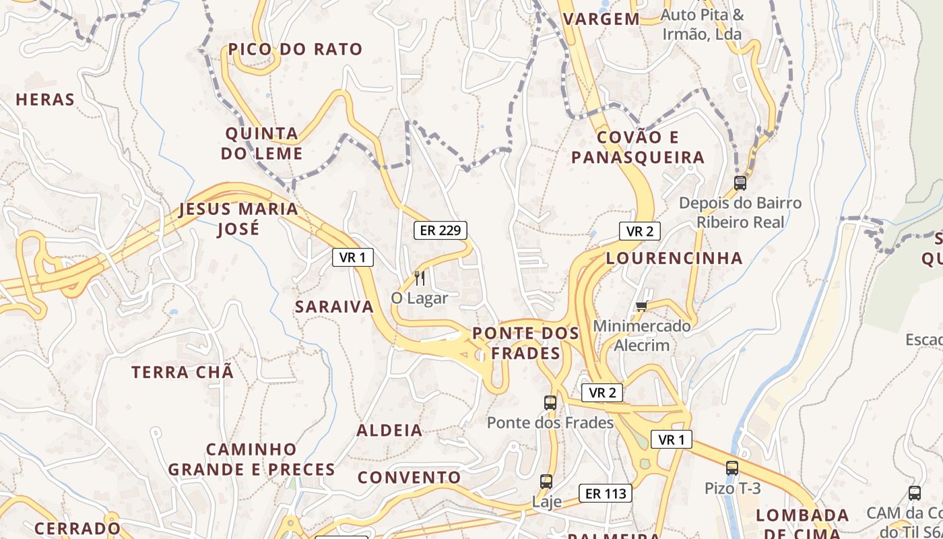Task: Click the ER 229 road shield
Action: tap(441, 230)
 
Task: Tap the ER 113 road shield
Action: tap(606, 493)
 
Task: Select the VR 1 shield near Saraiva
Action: tap(352, 257)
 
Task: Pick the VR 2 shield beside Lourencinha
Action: tap(639, 231)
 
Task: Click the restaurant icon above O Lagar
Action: tap(420, 278)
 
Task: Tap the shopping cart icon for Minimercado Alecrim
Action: tap(642, 307)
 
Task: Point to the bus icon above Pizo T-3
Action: tap(732, 468)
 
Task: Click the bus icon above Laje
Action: tap(546, 482)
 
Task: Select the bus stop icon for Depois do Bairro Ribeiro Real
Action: tap(740, 183)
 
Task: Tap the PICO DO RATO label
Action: tap(295, 49)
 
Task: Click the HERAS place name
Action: tap(45, 100)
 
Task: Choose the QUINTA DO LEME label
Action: tap(262, 144)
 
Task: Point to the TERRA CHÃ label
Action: tap(183, 372)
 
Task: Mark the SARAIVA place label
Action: tap(334, 307)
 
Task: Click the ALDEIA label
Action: tap(389, 430)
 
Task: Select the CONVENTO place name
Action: tap(409, 478)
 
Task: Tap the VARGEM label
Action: tap(601, 19)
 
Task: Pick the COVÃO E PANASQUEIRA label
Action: tap(637, 148)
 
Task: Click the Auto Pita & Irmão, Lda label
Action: tap(703, 24)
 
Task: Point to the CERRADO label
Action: tap(77, 528)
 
